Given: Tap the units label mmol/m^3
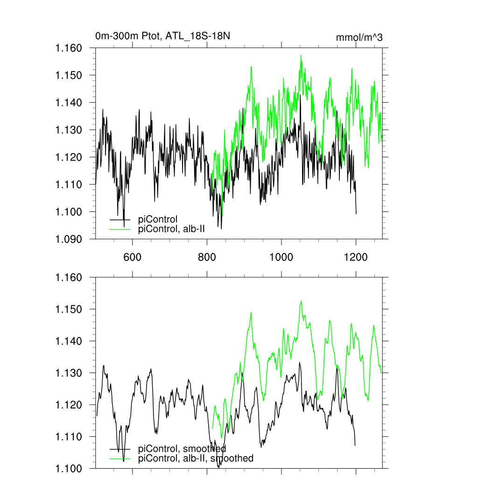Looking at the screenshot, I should click(x=359, y=37).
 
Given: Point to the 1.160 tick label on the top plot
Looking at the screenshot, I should click(x=69, y=48).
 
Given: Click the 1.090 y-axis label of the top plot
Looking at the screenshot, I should click(x=69, y=239).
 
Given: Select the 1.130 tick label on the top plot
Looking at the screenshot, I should click(x=69, y=130).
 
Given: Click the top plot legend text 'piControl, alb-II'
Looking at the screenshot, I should click(x=172, y=229).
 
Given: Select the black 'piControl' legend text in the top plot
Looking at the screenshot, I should click(x=158, y=219).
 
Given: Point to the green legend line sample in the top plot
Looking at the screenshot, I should click(x=120, y=229).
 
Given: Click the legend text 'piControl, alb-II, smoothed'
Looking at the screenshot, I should click(x=196, y=458).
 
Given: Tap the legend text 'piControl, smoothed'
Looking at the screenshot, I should click(x=182, y=449).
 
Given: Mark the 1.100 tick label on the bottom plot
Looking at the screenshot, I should click(x=69, y=468).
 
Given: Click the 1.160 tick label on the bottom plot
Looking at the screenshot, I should click(x=69, y=277).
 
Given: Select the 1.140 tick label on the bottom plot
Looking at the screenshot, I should click(x=69, y=341).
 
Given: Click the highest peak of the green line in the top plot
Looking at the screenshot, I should click(x=301, y=55).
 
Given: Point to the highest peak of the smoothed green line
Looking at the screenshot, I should click(x=302, y=301).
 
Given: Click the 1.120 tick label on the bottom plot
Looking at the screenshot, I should click(x=69, y=405).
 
